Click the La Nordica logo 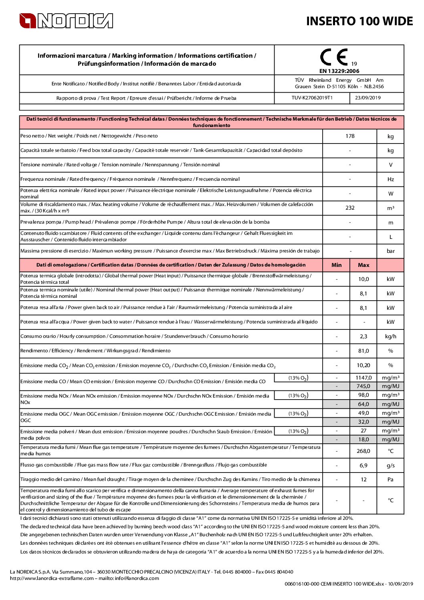click(x=66, y=21)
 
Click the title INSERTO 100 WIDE click(x=359, y=21)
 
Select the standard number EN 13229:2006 click(x=339, y=71)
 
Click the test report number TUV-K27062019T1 click(x=312, y=98)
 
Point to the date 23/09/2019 click(x=368, y=98)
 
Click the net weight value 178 click(x=350, y=136)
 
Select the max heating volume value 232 click(x=350, y=208)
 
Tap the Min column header click(x=337, y=265)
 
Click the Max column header click(x=363, y=265)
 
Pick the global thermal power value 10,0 click(x=363, y=279)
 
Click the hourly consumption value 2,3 click(x=363, y=337)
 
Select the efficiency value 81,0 click(x=363, y=351)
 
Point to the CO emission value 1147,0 click(x=363, y=378)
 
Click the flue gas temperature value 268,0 click(x=363, y=451)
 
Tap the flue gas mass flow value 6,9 click(x=363, y=465)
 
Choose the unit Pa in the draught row click(x=390, y=479)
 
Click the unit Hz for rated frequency click(x=390, y=179)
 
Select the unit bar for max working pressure click(x=390, y=251)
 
